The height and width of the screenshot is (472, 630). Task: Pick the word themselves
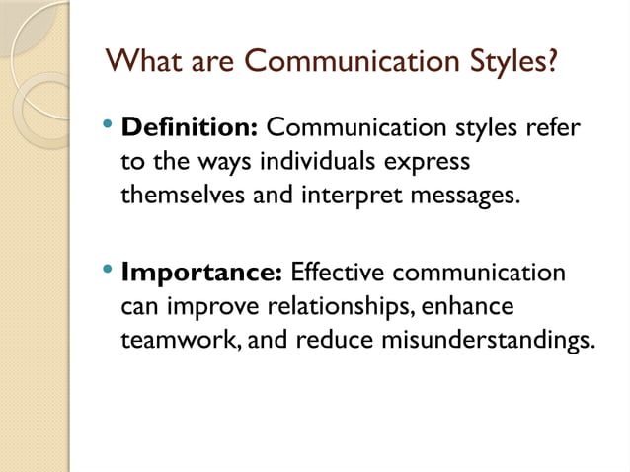point(183,194)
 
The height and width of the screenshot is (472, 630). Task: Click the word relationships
point(340,305)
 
